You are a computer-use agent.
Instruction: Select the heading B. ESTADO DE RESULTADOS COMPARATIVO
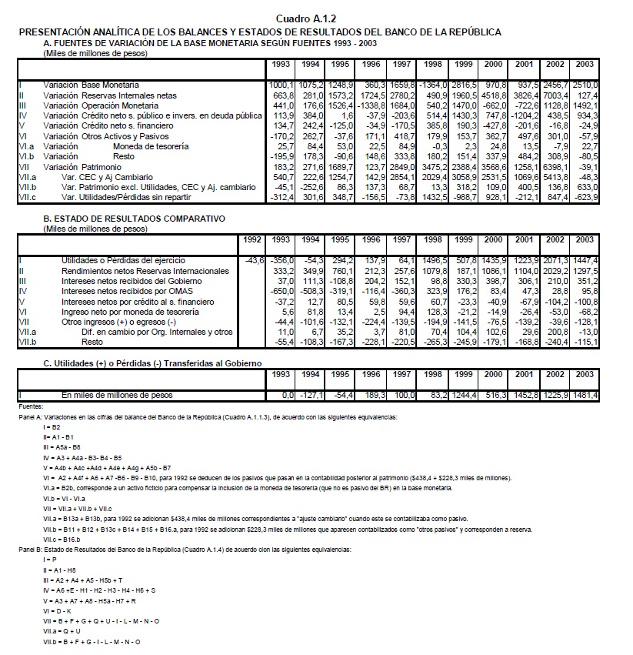134,219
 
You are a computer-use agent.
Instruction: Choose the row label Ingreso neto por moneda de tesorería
131,312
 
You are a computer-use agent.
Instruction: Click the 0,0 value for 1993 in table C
287,396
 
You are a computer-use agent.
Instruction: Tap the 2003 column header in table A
584,64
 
